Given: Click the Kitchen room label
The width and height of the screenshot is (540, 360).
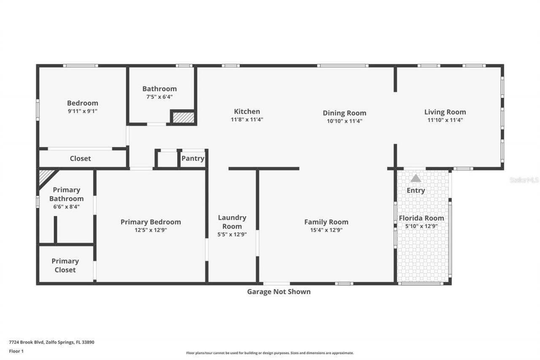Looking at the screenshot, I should pos(247,111).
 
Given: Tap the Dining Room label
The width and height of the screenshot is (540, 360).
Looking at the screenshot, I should pos(344,113).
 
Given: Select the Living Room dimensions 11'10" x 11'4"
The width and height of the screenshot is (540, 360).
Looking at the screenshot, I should pos(445,120).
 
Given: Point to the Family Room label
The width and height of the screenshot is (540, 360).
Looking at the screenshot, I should pos(326,222).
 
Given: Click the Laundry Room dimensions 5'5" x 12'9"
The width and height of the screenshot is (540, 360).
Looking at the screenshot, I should pos(232,234).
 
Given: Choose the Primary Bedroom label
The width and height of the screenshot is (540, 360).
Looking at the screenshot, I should pos(151,222).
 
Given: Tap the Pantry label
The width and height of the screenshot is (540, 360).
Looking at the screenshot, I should pos(193,159).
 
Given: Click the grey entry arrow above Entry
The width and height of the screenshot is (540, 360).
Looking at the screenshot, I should pos(416,179).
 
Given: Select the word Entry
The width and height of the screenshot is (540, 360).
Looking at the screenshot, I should pos(416,190).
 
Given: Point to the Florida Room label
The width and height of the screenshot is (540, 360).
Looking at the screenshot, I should pos(421,218).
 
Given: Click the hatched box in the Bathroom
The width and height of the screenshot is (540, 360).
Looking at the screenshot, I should pos(184,117).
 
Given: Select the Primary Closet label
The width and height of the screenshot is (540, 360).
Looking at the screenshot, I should pos(65,265).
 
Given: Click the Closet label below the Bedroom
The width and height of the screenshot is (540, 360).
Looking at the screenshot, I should pos(80,159).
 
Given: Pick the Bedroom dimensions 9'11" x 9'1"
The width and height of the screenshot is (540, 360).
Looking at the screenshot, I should pos(83,111).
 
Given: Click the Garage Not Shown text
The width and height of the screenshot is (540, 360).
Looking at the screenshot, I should pos(278,292).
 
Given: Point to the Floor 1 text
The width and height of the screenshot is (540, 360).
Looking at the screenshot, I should pos(16,351).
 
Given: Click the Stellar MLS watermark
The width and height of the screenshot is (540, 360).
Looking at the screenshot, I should pos(524,180).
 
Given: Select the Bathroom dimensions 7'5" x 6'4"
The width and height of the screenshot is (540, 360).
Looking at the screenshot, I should pos(159,97).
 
